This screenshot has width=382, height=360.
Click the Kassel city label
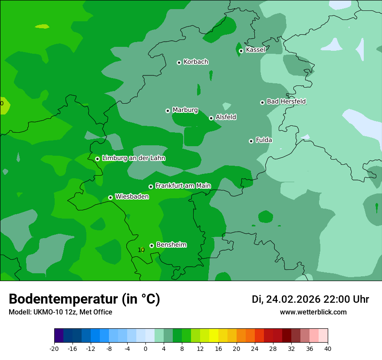(255, 50)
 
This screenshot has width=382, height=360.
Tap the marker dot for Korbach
(179, 62)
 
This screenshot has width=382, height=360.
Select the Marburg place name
(185, 110)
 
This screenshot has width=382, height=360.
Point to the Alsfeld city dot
(211, 118)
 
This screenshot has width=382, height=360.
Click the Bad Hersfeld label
(286, 101)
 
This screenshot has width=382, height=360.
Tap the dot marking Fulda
(251, 141)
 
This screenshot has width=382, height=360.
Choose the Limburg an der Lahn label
(133, 158)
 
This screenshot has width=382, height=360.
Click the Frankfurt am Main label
(183, 186)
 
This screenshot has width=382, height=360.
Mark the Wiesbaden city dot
(110, 197)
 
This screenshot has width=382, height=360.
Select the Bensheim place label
(171, 245)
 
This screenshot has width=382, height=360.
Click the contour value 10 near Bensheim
(141, 250)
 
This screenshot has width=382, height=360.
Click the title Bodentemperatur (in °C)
(84, 299)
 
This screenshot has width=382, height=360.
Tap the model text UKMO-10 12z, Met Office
(60, 312)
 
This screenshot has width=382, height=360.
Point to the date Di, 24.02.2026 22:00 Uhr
(310, 299)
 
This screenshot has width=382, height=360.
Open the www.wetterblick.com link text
(313, 312)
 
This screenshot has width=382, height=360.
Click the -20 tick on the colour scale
(54, 349)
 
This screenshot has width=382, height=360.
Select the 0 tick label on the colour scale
(145, 349)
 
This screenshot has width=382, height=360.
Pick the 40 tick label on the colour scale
(327, 349)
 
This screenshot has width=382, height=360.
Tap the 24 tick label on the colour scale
(254, 349)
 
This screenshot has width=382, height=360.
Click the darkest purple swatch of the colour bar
(59, 336)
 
